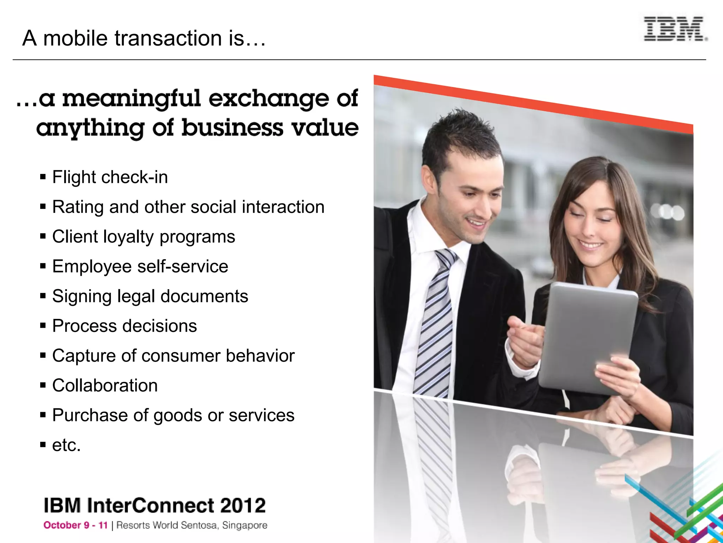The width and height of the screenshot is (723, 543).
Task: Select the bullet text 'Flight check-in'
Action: pos(110,177)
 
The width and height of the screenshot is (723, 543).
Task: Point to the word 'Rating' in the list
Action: pos(78,207)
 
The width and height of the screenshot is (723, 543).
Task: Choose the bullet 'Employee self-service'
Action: pos(140,267)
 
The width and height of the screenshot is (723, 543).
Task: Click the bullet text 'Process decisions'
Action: pos(124,326)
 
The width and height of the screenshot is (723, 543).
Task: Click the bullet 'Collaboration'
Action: pos(105,385)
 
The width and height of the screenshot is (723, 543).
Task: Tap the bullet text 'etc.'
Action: pos(66,445)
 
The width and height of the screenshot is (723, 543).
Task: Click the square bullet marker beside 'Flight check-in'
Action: pos(43,176)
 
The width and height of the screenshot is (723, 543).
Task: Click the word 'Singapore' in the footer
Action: pos(245,526)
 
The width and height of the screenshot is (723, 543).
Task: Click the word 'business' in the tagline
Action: pos(232,128)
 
